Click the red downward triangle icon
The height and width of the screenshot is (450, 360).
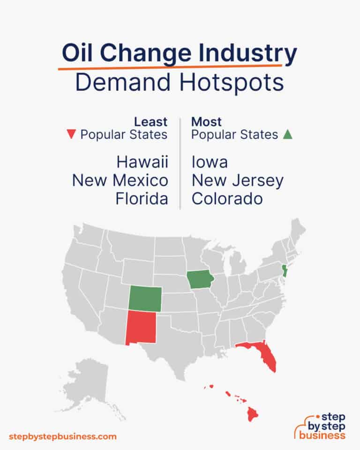[71, 135]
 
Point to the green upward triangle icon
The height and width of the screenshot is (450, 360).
[288, 135]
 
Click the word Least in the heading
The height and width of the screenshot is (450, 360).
[150, 122]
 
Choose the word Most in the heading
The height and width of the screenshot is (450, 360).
[206, 122]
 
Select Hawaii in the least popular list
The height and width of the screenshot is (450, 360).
[142, 162]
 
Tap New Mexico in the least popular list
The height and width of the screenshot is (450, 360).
[120, 180]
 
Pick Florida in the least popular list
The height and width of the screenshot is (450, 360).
[142, 199]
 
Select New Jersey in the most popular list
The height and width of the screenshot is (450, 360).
[237, 180]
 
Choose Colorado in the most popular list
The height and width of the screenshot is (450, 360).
[227, 199]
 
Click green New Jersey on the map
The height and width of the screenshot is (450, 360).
[283, 271]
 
